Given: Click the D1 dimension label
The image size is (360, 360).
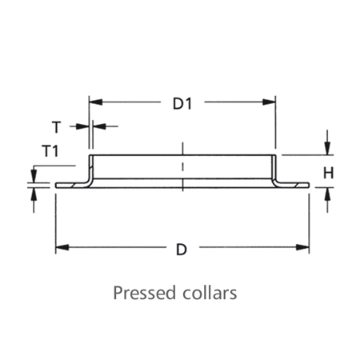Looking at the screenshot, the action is (182, 104).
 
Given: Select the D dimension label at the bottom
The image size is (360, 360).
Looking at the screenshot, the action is (182, 250).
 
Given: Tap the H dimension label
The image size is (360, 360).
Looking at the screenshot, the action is (328, 173).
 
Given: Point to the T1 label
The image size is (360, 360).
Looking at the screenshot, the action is (50, 151).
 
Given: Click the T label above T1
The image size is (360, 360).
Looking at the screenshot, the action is (56, 127).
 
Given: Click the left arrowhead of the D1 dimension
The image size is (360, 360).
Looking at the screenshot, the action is (95, 102).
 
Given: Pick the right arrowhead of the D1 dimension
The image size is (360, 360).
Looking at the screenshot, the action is (269, 102).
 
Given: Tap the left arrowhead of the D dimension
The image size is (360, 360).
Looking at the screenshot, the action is (62, 247).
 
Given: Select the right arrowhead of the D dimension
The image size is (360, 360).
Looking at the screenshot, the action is (302, 247).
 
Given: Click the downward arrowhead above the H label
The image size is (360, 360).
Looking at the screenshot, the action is (327, 148).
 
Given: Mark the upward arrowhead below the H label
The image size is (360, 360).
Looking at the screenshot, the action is (327, 194).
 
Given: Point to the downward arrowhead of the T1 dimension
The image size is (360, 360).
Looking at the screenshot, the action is (34, 176).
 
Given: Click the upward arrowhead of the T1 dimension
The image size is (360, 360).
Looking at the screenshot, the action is (34, 194).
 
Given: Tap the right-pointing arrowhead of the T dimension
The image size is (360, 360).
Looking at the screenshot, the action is (82, 126).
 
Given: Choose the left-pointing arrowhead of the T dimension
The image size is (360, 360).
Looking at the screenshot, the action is (99, 126).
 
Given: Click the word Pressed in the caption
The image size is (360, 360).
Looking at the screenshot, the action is (145, 293).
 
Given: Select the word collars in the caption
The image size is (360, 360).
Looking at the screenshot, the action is (210, 293).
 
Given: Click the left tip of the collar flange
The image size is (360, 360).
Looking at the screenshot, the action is (56, 185).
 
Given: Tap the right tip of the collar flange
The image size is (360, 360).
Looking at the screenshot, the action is (309, 185).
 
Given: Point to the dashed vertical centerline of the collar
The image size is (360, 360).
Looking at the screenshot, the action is (182, 166).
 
